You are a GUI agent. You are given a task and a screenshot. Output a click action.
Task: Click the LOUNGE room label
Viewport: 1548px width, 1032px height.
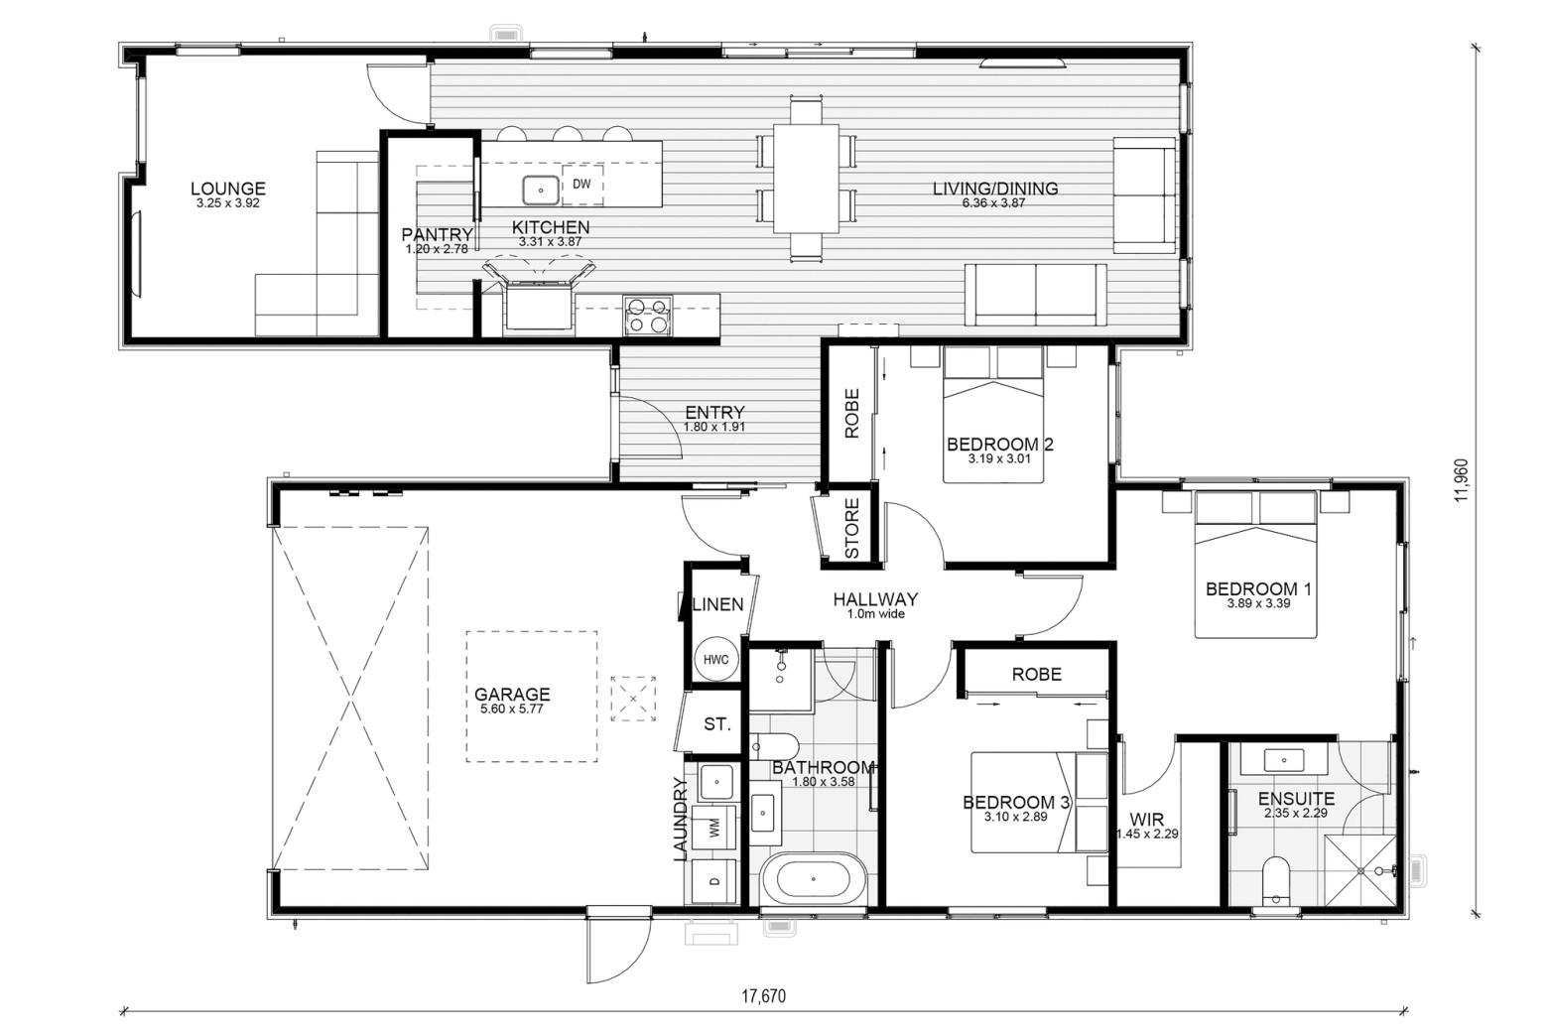228,188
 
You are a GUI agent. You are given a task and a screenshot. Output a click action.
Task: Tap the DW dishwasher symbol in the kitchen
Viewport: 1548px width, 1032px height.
581,185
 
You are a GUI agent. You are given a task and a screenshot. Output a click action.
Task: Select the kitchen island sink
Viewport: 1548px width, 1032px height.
541,190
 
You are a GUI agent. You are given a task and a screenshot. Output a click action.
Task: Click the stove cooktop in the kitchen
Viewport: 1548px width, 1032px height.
648,316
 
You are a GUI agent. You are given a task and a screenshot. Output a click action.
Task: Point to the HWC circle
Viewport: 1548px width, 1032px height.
716,660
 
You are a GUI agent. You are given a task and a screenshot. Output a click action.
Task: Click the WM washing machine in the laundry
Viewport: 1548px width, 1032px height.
713,828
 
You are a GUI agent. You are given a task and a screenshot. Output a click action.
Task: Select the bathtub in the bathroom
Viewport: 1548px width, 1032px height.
814,879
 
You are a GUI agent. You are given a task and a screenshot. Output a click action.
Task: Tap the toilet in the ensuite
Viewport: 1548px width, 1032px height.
1275,880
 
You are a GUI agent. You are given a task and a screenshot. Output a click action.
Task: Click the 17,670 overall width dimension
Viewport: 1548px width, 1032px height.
764,996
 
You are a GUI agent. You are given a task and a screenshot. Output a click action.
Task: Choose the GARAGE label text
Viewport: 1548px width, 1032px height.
512,694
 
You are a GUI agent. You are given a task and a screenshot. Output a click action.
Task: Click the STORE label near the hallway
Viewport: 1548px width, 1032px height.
852,529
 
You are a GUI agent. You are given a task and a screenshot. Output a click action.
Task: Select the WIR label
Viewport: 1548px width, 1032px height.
1147,821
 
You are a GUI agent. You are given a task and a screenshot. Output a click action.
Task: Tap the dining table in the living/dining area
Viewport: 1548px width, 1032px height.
806,179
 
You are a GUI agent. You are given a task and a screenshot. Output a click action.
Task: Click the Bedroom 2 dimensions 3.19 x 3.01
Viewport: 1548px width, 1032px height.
999,458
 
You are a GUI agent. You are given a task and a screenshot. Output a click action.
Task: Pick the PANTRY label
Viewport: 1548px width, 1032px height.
437,235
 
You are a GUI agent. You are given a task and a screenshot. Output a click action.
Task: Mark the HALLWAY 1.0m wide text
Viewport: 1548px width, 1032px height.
875,605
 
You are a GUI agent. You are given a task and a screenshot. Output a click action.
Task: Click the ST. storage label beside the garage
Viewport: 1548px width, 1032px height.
717,724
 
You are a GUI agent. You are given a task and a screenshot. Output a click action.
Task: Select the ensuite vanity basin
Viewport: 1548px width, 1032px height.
1284,760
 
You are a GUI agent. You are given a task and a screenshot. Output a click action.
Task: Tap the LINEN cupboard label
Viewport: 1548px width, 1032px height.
718,604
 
